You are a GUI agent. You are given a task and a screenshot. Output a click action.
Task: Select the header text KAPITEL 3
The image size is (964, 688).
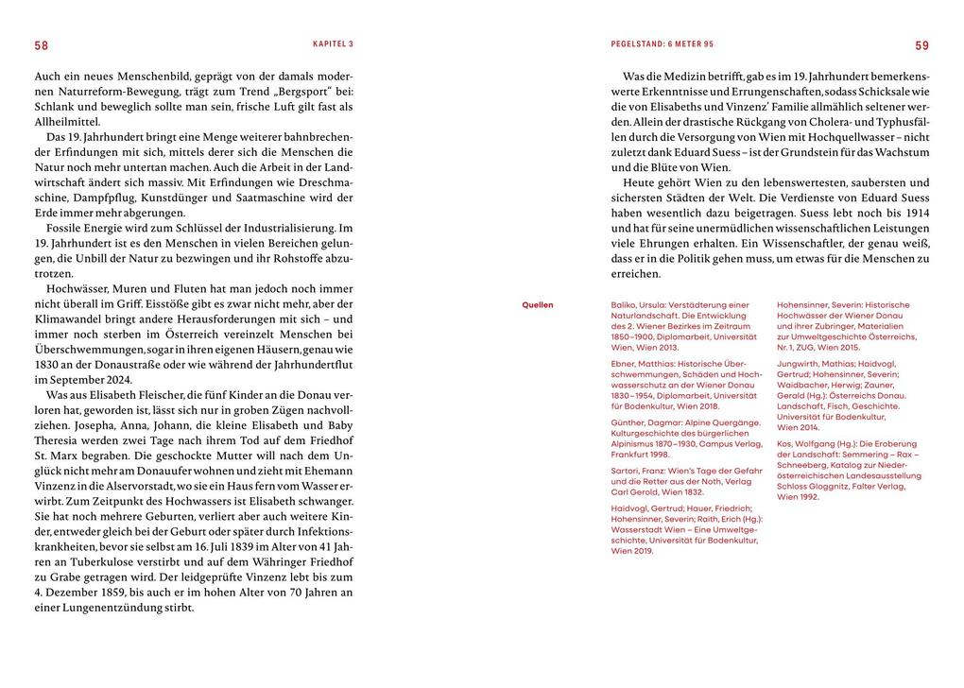click(333, 44)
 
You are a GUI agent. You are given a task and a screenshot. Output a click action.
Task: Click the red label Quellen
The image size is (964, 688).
click(538, 305)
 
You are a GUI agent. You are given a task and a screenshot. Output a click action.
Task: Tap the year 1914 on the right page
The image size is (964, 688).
click(915, 213)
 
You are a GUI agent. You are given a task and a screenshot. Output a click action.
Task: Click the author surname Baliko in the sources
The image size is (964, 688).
click(615, 305)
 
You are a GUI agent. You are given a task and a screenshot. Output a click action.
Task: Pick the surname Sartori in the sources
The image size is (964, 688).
click(616, 470)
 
